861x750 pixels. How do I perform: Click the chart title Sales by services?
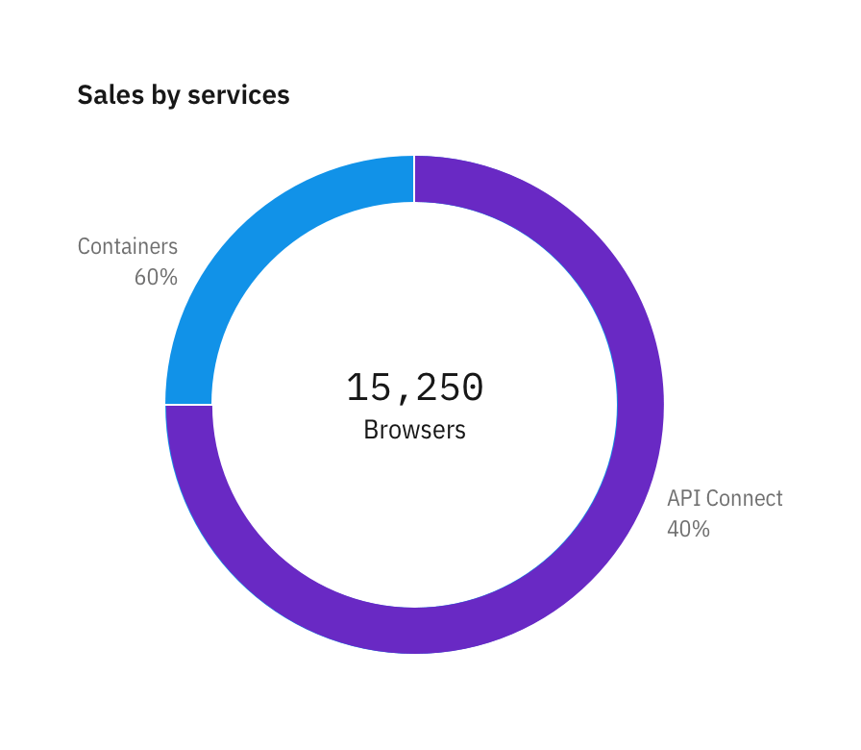pyautogui.click(x=184, y=95)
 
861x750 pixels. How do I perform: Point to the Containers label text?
pyautogui.click(x=128, y=246)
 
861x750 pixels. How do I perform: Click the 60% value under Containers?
pyautogui.click(x=156, y=277)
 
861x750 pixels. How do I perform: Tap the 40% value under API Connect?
pyautogui.click(x=688, y=529)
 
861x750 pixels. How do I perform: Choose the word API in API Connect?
pyautogui.click(x=684, y=498)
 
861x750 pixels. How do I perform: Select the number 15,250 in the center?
pyautogui.click(x=414, y=387)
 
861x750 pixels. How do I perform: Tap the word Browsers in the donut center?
pyautogui.click(x=414, y=429)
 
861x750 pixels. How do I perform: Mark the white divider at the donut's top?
pyautogui.click(x=414, y=179)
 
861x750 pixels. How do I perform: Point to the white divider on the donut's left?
pyautogui.click(x=188, y=405)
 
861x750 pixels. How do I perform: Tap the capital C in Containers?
pyautogui.click(x=84, y=246)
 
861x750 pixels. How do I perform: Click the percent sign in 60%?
pyautogui.click(x=169, y=277)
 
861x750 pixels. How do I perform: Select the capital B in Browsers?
pyautogui.click(x=370, y=429)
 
